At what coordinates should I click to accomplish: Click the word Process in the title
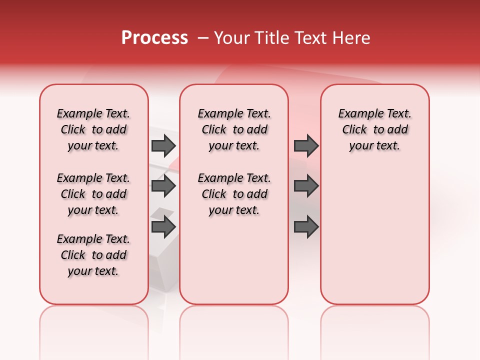tap(154, 38)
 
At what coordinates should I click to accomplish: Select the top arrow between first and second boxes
tap(163, 145)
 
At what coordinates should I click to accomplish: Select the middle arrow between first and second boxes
tap(163, 186)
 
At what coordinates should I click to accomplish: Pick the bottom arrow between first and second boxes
tap(163, 227)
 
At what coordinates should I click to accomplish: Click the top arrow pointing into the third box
tap(306, 145)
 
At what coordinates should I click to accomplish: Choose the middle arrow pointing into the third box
tap(306, 186)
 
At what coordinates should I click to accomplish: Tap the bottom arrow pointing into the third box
tap(306, 227)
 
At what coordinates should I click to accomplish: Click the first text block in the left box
tap(93, 129)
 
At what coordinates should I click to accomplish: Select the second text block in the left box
tap(93, 194)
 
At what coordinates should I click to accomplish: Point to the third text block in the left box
tap(93, 255)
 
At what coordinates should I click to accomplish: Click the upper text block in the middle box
tap(234, 129)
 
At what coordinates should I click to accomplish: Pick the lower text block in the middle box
tap(234, 194)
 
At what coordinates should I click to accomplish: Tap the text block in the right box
tap(374, 129)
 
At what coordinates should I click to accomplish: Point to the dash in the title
tap(203, 38)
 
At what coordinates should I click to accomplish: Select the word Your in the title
tap(231, 38)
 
